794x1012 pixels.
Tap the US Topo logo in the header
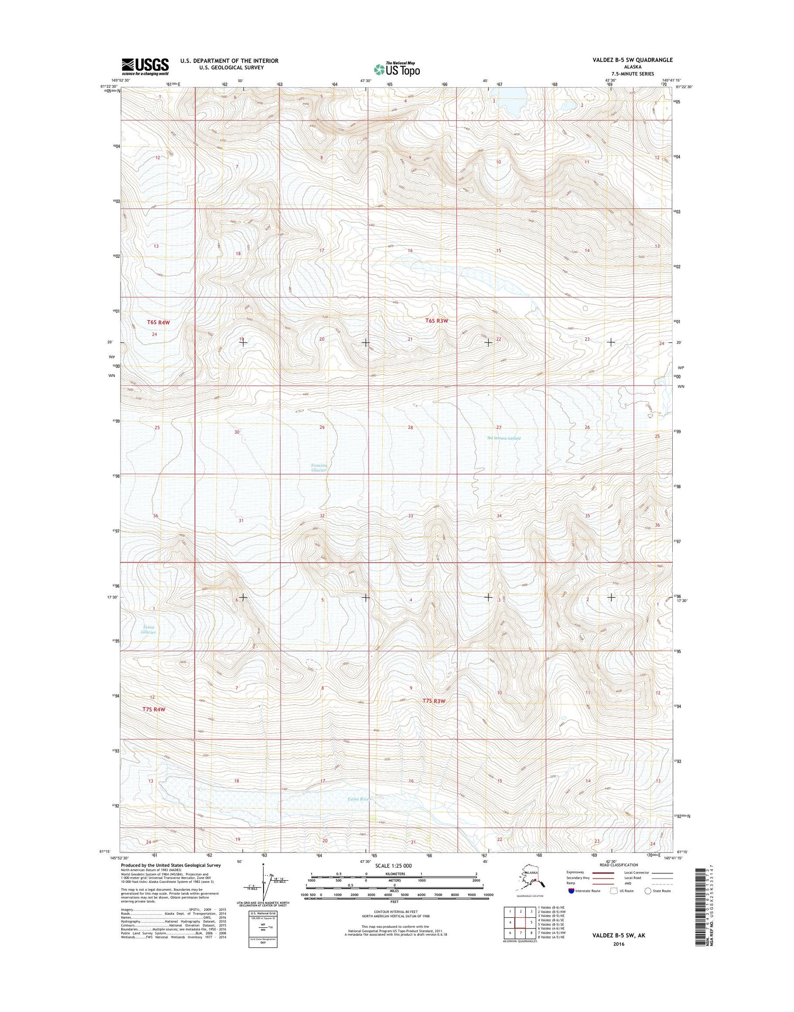[396, 69]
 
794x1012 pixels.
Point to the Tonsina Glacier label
[319, 468]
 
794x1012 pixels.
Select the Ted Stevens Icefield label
[503, 438]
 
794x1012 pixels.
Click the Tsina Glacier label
[148, 630]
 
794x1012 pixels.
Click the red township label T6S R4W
[158, 322]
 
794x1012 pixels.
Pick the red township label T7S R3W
[434, 701]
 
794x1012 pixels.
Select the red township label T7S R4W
[154, 709]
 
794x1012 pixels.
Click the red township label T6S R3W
[437, 321]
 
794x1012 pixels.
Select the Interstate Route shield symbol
[571, 891]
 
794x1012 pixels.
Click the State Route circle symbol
[647, 891]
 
